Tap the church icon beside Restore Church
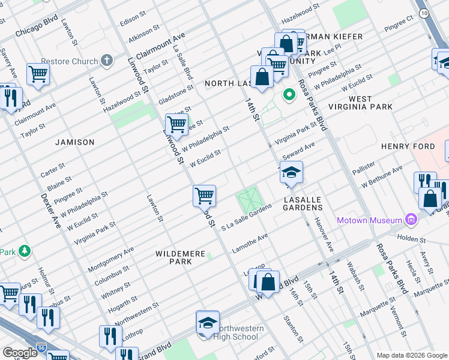[107, 59]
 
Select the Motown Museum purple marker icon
[411, 220]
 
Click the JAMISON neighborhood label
[75, 142]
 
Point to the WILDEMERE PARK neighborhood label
[181, 257]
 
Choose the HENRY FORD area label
[408, 146]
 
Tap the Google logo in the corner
[20, 353]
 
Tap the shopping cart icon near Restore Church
[38, 74]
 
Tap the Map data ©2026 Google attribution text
[411, 355]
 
